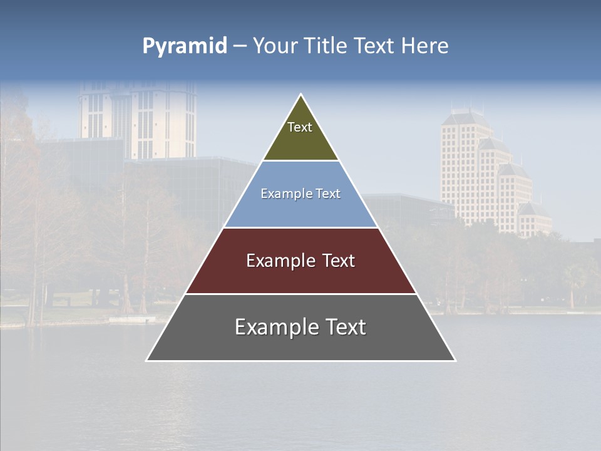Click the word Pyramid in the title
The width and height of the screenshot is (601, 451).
(185, 46)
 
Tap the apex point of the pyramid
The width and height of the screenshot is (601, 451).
(301, 95)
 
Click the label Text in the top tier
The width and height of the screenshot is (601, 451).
(300, 127)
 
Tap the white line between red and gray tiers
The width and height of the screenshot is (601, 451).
(300, 294)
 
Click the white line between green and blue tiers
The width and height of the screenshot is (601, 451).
(300, 160)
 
